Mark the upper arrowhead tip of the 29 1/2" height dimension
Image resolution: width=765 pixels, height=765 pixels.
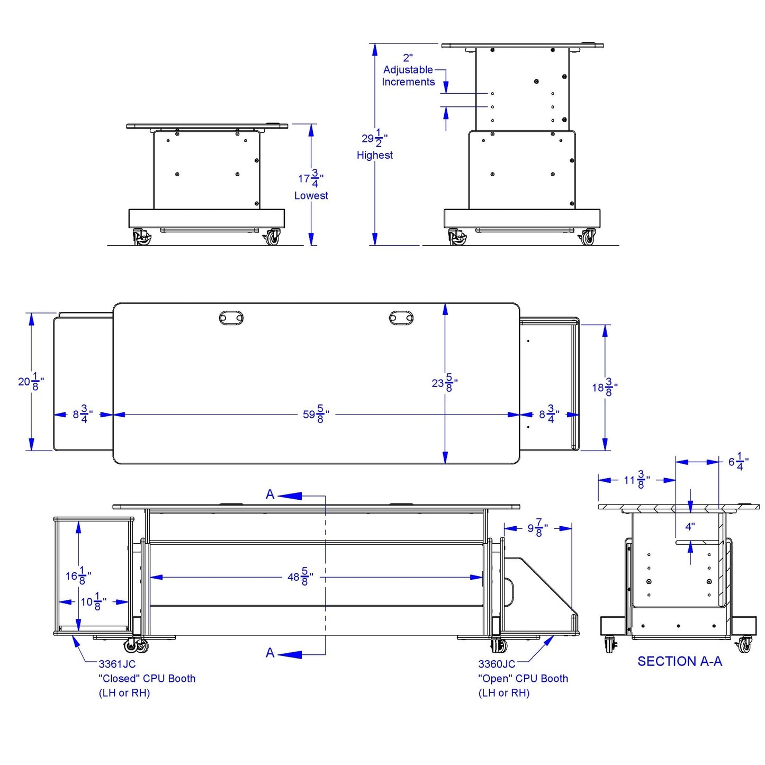[x=374, y=43]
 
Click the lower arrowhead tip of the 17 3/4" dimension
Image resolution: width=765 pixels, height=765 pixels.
[x=311, y=245]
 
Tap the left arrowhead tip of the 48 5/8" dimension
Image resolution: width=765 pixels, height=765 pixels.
[x=150, y=577]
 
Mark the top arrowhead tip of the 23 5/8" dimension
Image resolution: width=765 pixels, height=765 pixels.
[x=445, y=303]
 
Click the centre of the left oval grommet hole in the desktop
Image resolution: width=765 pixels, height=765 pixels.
[x=231, y=318]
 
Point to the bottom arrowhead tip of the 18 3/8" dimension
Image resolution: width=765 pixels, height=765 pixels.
[x=605, y=450]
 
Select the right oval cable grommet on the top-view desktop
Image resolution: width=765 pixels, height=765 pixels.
[x=401, y=318]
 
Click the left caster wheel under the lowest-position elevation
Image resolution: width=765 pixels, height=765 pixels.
[x=141, y=237]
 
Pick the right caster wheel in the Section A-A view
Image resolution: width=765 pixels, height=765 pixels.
[x=744, y=645]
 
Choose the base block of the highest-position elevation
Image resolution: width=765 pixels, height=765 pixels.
[x=521, y=219]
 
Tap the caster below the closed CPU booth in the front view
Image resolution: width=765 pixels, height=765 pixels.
[x=136, y=646]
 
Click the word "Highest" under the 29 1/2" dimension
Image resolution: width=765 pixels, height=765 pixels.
[x=374, y=155]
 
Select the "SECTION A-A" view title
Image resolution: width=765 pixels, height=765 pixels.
[x=680, y=661]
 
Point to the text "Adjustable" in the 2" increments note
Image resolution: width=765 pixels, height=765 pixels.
[x=408, y=70]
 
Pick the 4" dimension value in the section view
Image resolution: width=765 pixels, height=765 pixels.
[x=690, y=527]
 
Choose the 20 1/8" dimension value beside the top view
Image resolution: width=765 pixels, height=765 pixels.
[x=31, y=381]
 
